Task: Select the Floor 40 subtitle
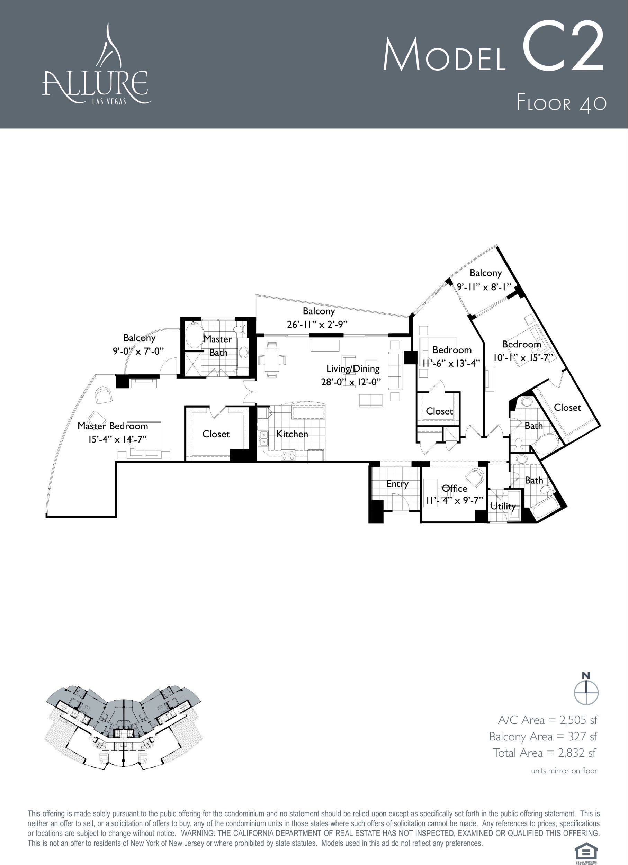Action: [x=561, y=103]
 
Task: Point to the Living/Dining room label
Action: [x=353, y=369]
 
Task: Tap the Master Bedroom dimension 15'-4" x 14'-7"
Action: [x=117, y=439]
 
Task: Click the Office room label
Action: [x=455, y=489]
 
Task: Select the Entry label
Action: [x=397, y=484]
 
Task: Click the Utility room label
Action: [x=503, y=506]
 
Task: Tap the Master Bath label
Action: [x=218, y=346]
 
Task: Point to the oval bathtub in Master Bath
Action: [x=194, y=335]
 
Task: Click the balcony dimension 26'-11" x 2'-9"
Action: [x=317, y=325]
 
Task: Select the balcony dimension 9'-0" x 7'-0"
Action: [x=138, y=351]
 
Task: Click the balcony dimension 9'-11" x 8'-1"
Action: [x=484, y=287]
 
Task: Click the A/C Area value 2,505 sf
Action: [x=578, y=720]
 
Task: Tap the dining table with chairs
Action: [x=272, y=360]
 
